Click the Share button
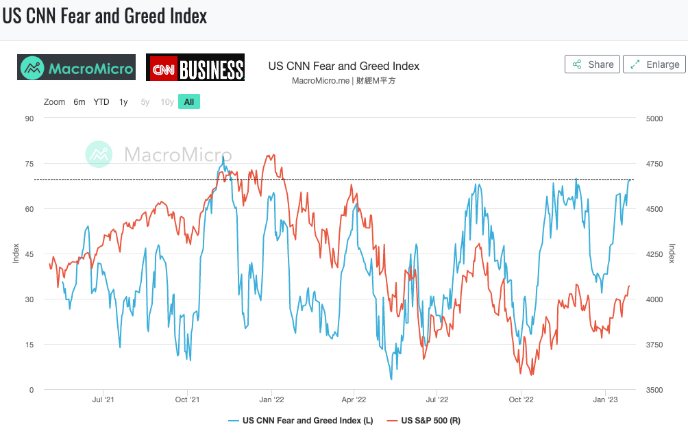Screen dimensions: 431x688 pyautogui.click(x=592, y=64)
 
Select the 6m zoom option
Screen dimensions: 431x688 pyautogui.click(x=79, y=102)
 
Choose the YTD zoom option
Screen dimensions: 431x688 pyautogui.click(x=101, y=102)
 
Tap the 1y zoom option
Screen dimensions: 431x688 pyautogui.click(x=123, y=102)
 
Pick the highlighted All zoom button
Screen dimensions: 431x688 pyautogui.click(x=189, y=102)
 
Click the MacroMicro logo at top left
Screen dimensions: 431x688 pyautogui.click(x=76, y=68)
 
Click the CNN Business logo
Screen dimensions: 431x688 pyautogui.click(x=195, y=68)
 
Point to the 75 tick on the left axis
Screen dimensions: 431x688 pyautogui.click(x=29, y=164)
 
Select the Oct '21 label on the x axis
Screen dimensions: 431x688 pyautogui.click(x=188, y=399)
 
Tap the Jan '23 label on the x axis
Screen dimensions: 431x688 pyautogui.click(x=604, y=399)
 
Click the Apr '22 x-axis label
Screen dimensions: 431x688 pyautogui.click(x=354, y=399)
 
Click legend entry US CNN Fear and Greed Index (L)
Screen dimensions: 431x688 pyautogui.click(x=301, y=420)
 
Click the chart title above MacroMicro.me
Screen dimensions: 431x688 pyautogui.click(x=343, y=66)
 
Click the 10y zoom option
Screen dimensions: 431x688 pyautogui.click(x=167, y=102)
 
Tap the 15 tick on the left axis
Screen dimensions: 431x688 pyautogui.click(x=29, y=345)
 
